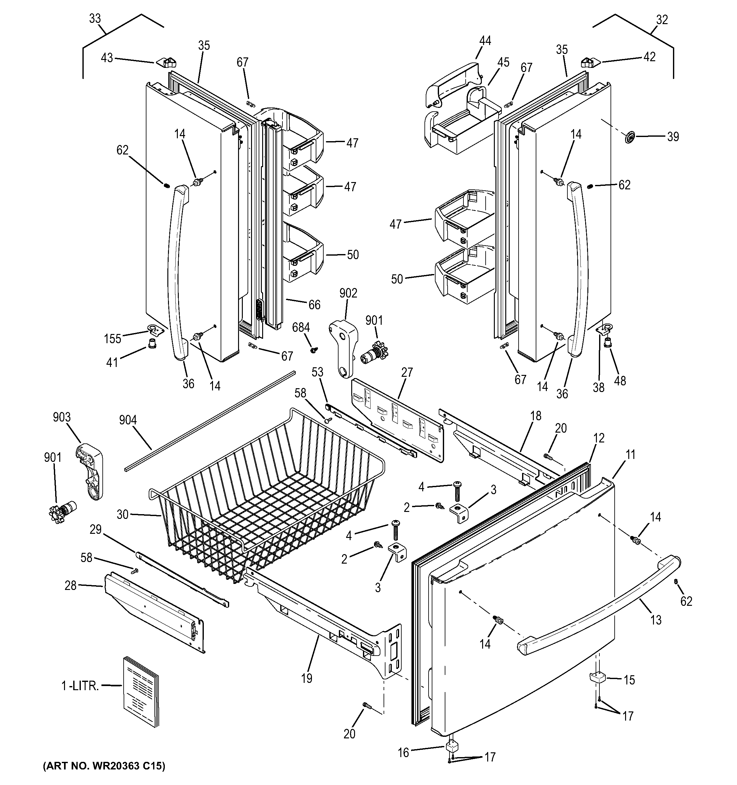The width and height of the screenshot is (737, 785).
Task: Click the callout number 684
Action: (x=301, y=327)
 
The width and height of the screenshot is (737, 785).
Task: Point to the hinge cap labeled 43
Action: (x=166, y=62)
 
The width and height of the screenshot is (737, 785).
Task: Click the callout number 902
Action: (x=348, y=293)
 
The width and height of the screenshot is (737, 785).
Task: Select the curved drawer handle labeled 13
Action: (x=600, y=604)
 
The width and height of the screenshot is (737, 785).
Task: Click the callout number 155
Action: (x=113, y=338)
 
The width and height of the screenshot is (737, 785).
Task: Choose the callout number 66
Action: (x=314, y=304)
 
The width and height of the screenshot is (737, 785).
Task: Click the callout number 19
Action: (x=306, y=678)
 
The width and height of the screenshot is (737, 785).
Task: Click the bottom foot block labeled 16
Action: (x=450, y=748)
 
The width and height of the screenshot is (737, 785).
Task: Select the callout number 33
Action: (x=95, y=19)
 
